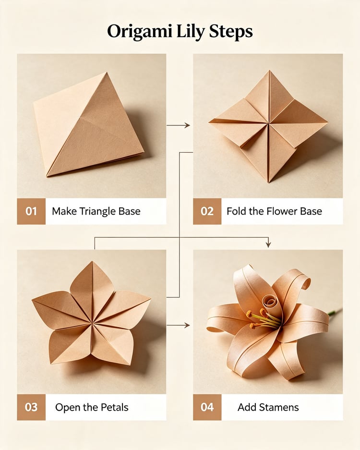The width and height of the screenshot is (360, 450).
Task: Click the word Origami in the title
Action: click(x=139, y=32)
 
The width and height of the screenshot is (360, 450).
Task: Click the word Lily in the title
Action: click(x=190, y=32)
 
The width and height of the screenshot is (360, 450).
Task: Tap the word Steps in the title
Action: click(x=230, y=32)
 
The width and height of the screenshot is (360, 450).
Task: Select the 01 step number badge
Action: click(x=31, y=211)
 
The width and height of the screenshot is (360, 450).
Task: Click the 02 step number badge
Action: click(x=207, y=211)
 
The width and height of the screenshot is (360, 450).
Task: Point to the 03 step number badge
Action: click(x=31, y=407)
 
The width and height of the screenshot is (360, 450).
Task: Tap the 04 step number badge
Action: click(x=207, y=407)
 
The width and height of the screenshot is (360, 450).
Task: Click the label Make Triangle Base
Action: click(x=96, y=211)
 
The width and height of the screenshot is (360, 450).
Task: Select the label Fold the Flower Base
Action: click(x=274, y=211)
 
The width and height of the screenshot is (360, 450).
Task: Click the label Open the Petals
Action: click(x=92, y=408)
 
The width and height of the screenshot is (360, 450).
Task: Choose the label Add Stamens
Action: click(x=268, y=407)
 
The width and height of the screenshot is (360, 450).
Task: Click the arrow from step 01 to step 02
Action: click(x=178, y=125)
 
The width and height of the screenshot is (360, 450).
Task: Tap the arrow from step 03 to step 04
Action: click(x=178, y=325)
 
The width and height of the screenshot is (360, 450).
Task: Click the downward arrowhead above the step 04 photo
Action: click(x=268, y=244)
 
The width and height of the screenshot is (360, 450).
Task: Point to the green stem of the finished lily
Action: click(x=335, y=312)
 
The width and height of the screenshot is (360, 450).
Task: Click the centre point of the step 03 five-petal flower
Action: click(x=92, y=324)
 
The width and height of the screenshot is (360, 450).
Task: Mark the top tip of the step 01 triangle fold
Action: click(x=107, y=73)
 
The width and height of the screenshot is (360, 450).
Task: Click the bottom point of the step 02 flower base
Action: click(x=269, y=182)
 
